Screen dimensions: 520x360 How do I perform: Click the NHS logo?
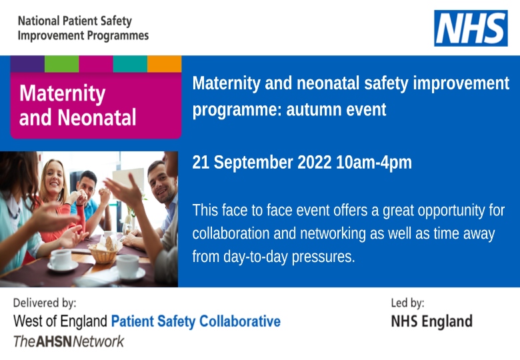[x=471, y=28]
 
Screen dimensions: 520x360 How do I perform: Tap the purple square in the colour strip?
[x=27, y=64]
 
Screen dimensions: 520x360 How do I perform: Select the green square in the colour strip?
[x=62, y=64]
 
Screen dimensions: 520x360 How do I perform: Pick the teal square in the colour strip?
[x=130, y=64]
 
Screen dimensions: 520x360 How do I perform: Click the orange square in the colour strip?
[x=165, y=64]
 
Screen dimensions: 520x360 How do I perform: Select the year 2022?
[x=315, y=163]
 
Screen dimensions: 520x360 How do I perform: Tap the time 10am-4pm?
[x=374, y=163]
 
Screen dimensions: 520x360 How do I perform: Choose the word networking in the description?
[x=333, y=233]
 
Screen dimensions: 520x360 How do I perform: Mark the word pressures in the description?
[x=323, y=257]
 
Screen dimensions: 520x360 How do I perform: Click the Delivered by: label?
[x=45, y=303]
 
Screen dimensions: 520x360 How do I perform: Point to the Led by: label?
[x=407, y=303]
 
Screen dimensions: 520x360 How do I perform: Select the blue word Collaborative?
[x=240, y=321]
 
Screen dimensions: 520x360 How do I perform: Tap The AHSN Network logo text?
[x=69, y=341]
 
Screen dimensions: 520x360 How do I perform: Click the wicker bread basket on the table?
[x=103, y=253]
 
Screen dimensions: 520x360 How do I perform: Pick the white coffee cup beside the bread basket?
[x=128, y=265]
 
